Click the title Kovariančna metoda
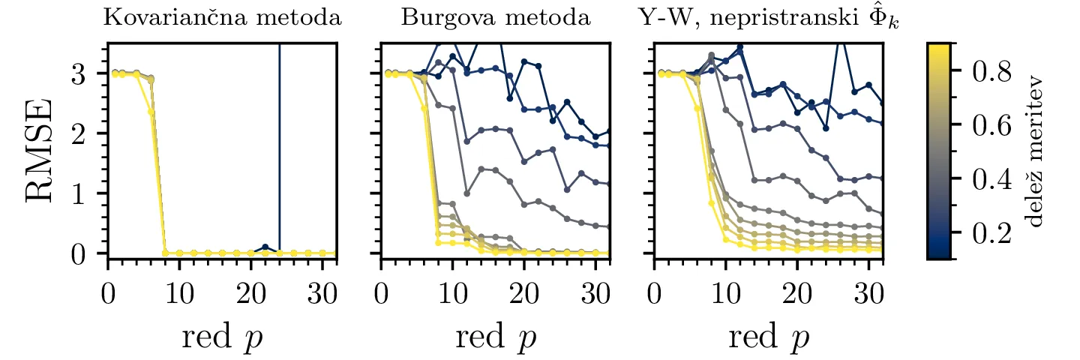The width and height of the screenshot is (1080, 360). point(222,18)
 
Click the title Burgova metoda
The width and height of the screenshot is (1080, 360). point(494,18)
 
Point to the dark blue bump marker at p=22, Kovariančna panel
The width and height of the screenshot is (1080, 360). point(265,247)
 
